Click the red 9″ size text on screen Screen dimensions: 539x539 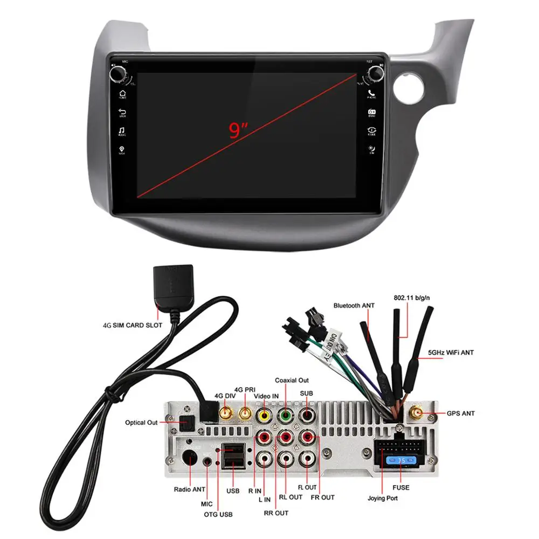238,130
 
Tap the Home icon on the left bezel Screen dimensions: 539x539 122,95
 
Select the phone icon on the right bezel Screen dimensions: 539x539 372,94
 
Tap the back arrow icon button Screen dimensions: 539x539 122,112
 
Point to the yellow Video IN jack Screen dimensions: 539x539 264,416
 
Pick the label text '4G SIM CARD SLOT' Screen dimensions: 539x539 132,326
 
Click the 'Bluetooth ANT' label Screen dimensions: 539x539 354,306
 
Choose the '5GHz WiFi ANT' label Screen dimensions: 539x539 451,353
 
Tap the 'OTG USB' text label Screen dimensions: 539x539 218,515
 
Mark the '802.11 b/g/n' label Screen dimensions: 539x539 414,297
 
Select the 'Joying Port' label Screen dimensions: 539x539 383,498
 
